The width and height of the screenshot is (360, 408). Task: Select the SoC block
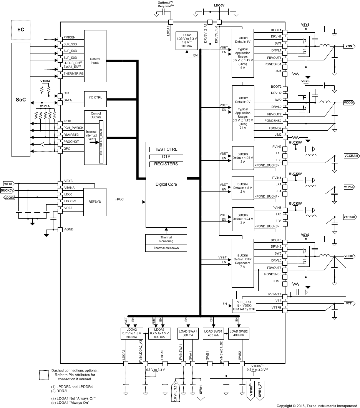(21, 100)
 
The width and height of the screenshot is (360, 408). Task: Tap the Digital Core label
(166, 184)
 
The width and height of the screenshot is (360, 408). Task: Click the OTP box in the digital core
(166, 157)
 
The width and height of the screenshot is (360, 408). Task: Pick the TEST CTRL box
(166, 149)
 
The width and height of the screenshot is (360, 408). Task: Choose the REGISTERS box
(166, 164)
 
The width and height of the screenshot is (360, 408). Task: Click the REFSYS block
(94, 201)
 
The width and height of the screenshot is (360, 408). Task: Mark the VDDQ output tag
(350, 256)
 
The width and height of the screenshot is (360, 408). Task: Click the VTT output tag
(348, 303)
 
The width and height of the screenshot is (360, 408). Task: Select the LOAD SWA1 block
(188, 333)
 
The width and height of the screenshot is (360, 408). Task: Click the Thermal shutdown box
(166, 248)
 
